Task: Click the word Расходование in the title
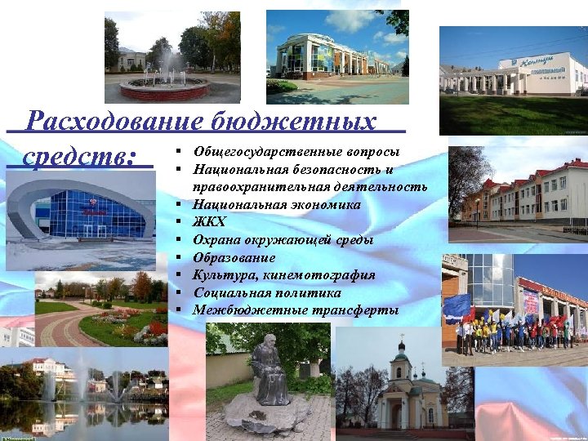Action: click(112, 122)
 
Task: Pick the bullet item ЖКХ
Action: click(209, 222)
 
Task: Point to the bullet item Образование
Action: click(234, 257)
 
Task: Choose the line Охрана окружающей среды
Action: click(283, 240)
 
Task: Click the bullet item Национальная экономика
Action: click(276, 205)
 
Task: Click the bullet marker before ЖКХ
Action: click(177, 222)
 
